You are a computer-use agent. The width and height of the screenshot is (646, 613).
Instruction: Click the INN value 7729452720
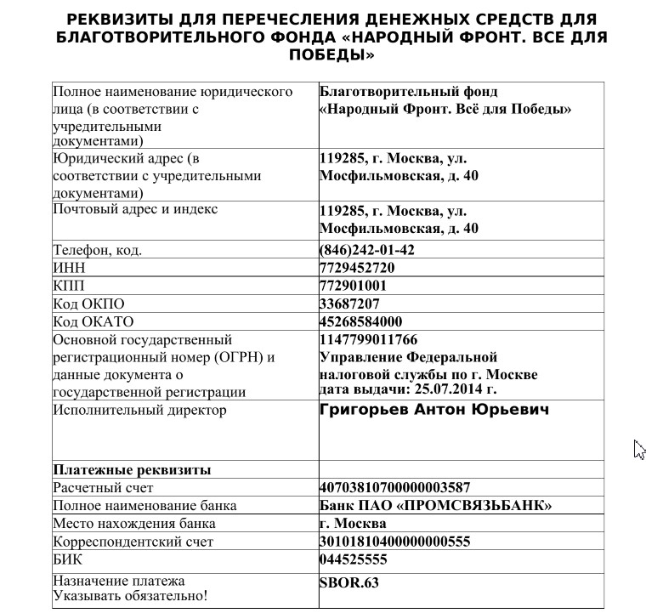tap(357, 268)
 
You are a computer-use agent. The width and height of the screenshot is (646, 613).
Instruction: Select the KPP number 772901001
tap(353, 286)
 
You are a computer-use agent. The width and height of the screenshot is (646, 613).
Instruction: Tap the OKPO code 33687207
tap(349, 304)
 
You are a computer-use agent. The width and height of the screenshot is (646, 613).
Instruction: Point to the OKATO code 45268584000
tap(360, 321)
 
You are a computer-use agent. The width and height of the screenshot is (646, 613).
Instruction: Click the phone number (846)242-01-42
tap(366, 250)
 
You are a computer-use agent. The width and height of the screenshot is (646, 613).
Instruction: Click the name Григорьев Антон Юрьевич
tap(433, 410)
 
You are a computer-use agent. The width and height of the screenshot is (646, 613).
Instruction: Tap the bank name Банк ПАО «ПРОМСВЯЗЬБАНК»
tap(435, 506)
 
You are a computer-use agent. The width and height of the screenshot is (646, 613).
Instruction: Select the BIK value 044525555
tap(354, 559)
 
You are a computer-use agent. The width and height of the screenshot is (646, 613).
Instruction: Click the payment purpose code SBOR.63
tap(348, 582)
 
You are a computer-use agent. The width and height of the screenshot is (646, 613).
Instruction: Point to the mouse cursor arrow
tap(638, 447)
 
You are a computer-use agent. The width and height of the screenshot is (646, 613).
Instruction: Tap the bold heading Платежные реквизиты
tap(132, 469)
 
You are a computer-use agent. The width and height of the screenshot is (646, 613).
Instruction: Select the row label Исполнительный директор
tap(139, 411)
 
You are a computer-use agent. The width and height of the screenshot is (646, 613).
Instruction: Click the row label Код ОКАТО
tap(93, 321)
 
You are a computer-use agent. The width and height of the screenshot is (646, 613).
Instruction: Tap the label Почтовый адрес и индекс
tap(135, 209)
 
